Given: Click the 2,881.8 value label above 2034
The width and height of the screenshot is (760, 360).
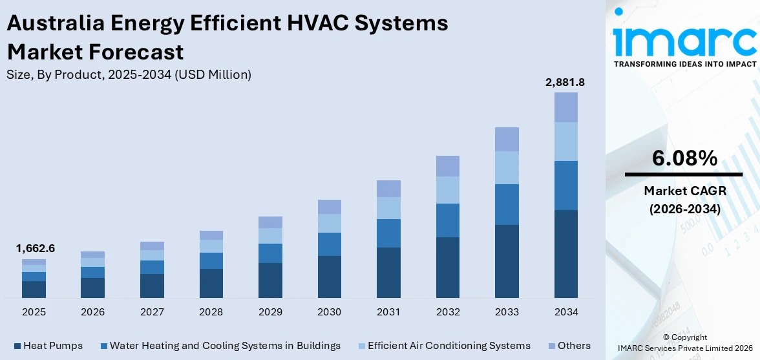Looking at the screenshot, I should click(x=566, y=82).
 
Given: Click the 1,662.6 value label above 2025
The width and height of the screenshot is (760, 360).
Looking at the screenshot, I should click(x=34, y=248).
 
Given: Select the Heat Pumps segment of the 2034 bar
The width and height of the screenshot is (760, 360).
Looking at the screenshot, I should click(x=566, y=253).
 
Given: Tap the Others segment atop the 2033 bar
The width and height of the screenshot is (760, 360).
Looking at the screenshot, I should click(x=507, y=139).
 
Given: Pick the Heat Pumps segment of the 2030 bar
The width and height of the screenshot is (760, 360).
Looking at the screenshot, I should click(x=330, y=277).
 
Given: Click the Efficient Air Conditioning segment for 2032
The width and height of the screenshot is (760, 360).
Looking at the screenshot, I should click(x=448, y=190).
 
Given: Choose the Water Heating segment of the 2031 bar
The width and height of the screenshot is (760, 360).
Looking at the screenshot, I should click(x=388, y=233).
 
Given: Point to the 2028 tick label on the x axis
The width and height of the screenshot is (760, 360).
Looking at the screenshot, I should click(x=211, y=312).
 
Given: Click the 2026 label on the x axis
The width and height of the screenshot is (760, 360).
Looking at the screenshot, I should click(x=93, y=312).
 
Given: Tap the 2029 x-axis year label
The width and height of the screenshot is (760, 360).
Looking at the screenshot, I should click(x=270, y=312).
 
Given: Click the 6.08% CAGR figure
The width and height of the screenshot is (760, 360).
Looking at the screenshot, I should click(x=684, y=158).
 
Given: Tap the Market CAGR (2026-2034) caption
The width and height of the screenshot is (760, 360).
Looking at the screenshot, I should click(x=684, y=200).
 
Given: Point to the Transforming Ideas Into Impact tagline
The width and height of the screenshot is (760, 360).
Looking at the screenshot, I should click(x=684, y=64).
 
